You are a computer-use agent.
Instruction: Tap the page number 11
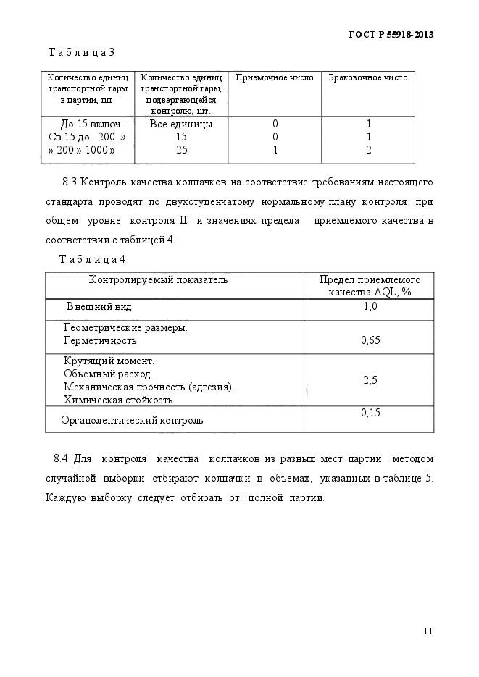[428, 631]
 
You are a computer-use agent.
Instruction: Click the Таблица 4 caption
[91, 258]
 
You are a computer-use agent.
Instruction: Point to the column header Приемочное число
[275, 78]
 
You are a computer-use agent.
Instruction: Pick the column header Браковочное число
[368, 78]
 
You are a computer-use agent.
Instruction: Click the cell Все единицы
[181, 124]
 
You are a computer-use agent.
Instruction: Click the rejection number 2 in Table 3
[368, 150]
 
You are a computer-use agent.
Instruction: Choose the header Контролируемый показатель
[158, 279]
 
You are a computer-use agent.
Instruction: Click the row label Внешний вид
[99, 307]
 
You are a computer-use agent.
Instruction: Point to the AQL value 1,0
[370, 307]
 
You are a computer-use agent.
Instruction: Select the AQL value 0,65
[370, 340]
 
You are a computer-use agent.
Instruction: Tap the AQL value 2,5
[370, 379]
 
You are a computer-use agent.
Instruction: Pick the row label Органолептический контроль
[132, 419]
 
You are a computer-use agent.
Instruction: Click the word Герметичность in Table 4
[100, 340]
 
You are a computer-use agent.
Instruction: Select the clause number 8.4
[61, 458]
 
